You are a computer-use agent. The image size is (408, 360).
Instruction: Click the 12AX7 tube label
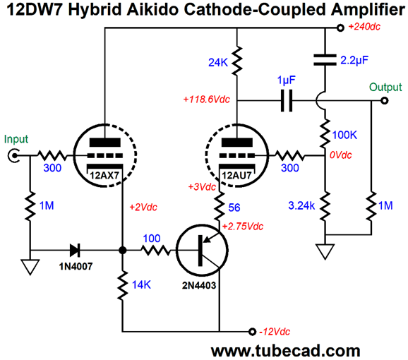pos(104,176)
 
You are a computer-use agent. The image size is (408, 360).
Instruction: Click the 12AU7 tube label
pos(236,176)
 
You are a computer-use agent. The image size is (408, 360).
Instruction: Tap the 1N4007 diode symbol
pos(75,251)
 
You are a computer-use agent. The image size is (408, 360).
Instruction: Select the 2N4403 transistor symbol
pos(202,251)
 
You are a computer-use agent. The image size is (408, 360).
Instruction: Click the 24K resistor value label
pos(218,63)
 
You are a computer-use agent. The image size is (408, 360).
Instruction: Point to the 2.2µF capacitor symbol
pos(325,60)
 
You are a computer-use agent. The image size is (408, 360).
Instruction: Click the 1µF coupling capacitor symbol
pos(287,101)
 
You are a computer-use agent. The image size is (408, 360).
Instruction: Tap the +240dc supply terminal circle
pos(340,28)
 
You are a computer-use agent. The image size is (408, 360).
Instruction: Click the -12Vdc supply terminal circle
pos(252,332)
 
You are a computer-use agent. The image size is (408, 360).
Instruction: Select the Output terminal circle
pos(384,101)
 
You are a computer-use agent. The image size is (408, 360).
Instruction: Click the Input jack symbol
pos(13,156)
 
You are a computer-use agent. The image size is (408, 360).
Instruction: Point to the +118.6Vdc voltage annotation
pos(207,100)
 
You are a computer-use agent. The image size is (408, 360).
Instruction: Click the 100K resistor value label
pos(344,135)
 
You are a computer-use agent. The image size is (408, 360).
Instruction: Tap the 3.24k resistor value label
pos(301,205)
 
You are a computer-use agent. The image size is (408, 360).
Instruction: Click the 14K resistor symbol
pos(123,285)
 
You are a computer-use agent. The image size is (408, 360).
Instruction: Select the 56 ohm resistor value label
pos(234,208)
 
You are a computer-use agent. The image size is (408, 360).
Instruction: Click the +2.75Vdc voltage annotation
pos(243,227)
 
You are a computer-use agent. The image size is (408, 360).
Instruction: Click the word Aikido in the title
pos(152,10)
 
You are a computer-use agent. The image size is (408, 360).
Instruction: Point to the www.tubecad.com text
pos(285,351)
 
